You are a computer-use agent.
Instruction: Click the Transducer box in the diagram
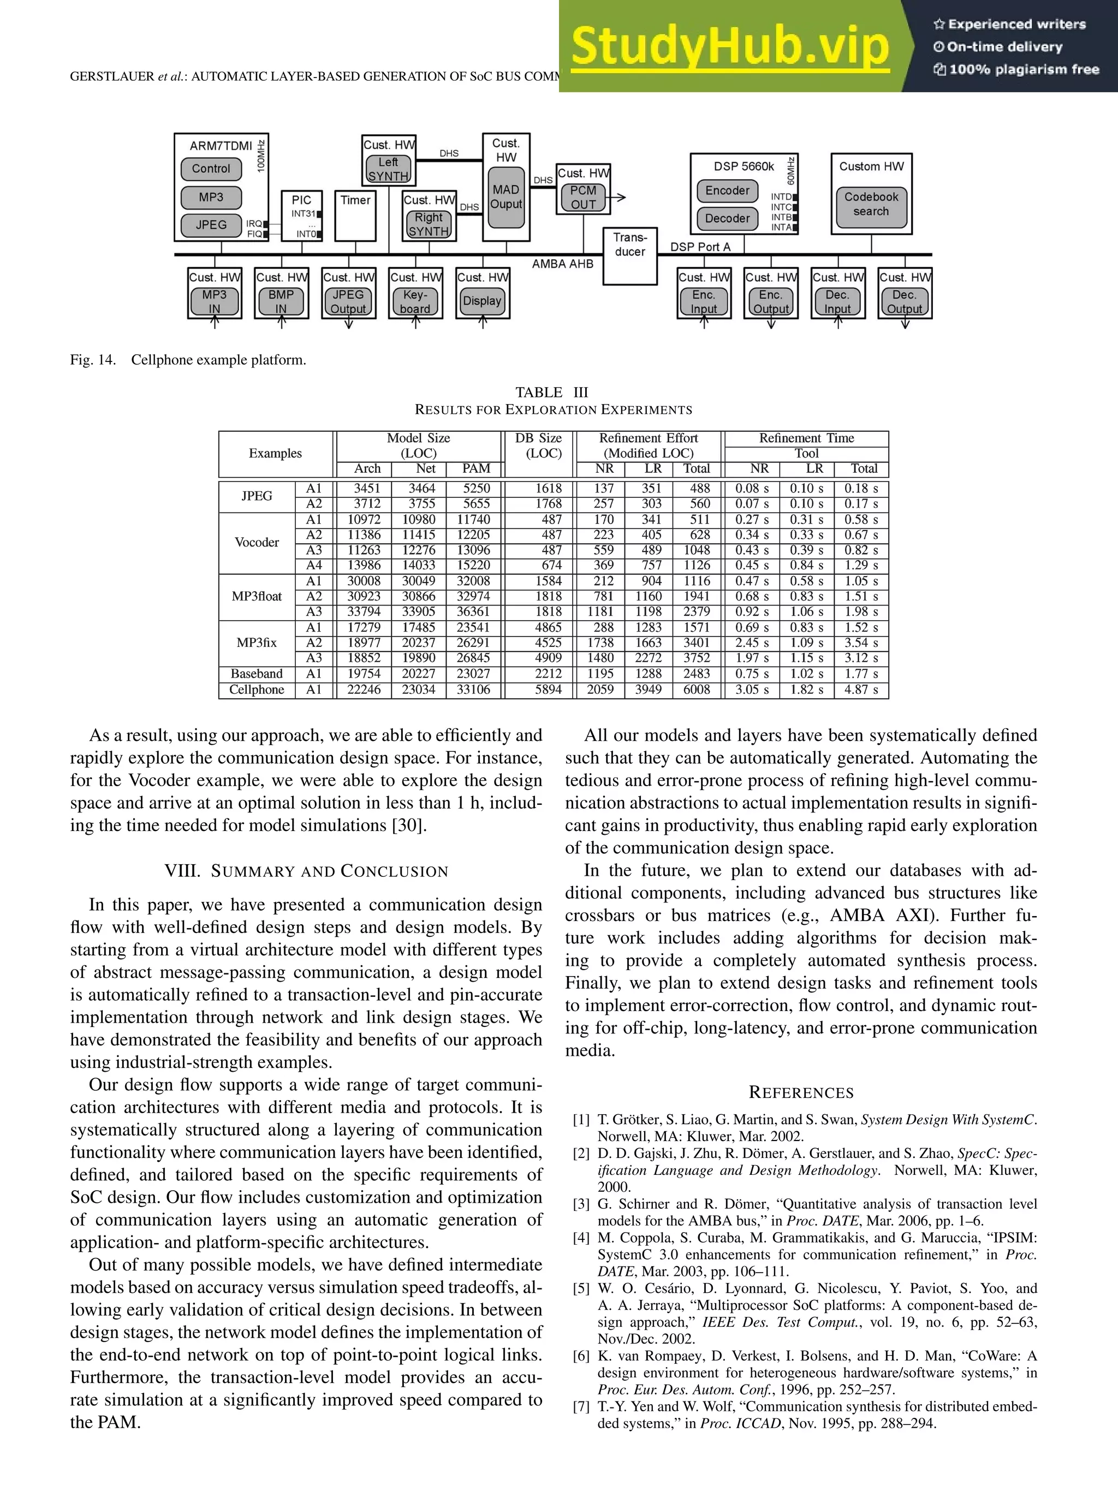click(629, 256)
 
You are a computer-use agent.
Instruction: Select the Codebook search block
click(871, 204)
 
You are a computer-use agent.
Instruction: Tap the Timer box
click(355, 215)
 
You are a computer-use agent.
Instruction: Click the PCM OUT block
click(583, 198)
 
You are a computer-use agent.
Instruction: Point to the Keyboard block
click(415, 301)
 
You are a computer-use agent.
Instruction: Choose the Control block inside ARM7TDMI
click(211, 169)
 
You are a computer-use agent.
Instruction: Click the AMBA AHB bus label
click(562, 264)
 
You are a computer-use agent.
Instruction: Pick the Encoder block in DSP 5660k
click(727, 190)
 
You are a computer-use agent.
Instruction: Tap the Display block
click(482, 301)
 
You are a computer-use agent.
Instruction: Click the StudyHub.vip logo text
click(730, 46)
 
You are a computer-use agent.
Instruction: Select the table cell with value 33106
click(473, 690)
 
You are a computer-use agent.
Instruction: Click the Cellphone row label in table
click(256, 690)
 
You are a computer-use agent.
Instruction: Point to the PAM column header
click(476, 468)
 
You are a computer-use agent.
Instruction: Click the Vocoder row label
click(256, 543)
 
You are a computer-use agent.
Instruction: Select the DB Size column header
click(538, 445)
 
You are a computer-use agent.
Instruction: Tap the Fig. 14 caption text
click(188, 360)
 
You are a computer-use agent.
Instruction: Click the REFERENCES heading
click(801, 1092)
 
